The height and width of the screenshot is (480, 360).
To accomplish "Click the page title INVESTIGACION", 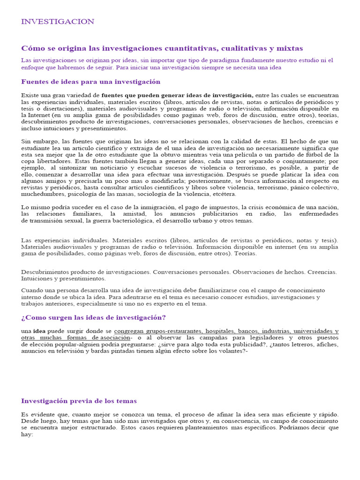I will [58, 22].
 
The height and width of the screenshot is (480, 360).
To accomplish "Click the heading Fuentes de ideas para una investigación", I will [91, 82].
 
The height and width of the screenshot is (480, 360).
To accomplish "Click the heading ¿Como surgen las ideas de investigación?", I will [93, 317].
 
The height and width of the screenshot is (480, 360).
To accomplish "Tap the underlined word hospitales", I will [220, 331].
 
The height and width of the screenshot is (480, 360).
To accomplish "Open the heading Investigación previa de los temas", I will [79, 401].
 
